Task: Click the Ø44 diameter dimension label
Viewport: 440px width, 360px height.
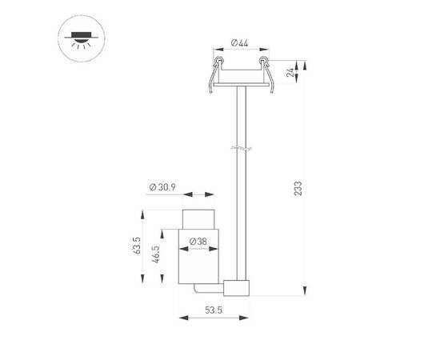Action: click(x=240, y=43)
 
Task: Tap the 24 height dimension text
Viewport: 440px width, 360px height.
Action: click(x=290, y=72)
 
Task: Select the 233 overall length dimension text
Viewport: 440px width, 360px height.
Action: click(x=298, y=188)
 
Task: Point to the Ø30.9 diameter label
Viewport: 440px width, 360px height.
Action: click(x=162, y=187)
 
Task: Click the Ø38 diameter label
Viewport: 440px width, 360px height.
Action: click(x=198, y=242)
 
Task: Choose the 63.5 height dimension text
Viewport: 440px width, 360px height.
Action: click(x=136, y=246)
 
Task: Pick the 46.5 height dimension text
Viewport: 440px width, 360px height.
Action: click(x=155, y=254)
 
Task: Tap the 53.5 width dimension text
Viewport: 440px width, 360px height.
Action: click(x=214, y=310)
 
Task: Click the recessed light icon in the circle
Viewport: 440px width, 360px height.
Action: click(x=82, y=38)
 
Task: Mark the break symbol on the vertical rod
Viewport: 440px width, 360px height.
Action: click(x=242, y=148)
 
